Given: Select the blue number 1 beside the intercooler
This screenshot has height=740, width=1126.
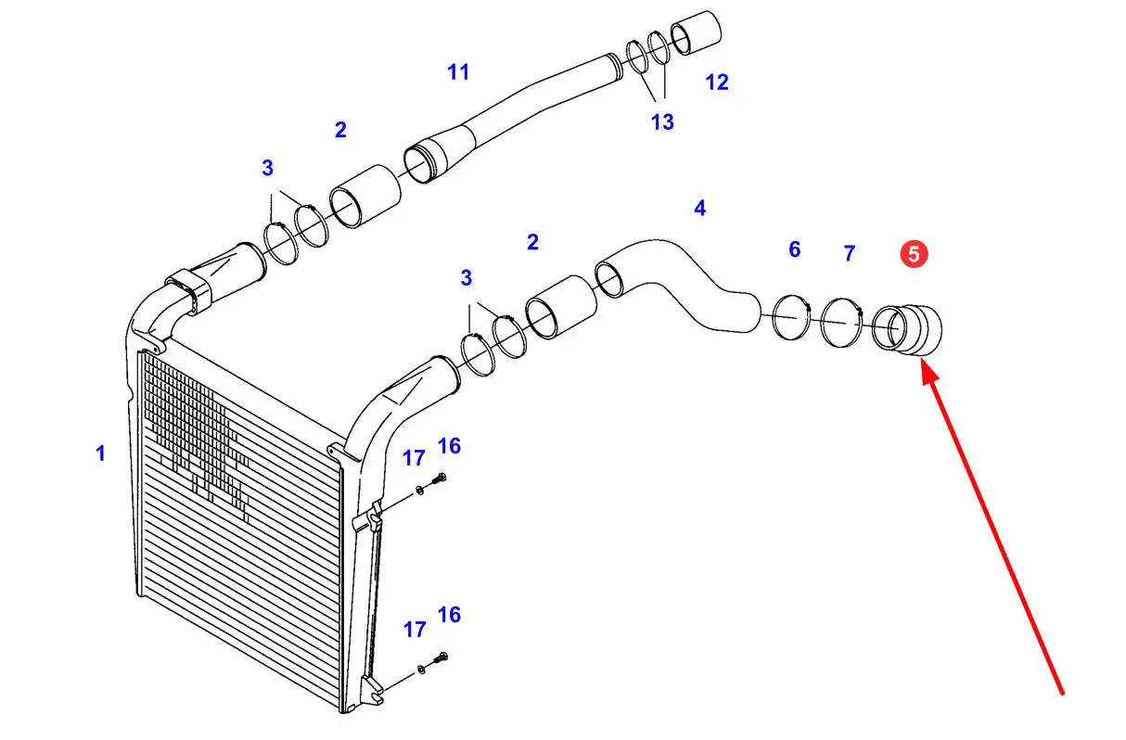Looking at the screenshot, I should (100, 453).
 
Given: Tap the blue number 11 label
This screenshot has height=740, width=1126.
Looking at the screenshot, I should (458, 71).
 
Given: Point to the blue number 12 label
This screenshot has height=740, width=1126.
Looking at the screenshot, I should (716, 82).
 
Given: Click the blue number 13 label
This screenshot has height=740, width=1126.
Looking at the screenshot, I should (662, 121).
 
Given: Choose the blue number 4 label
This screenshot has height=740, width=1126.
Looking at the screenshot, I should (699, 209).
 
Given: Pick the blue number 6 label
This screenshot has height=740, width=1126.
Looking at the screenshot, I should (794, 249).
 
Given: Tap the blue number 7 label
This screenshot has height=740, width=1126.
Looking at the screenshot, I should (850, 252).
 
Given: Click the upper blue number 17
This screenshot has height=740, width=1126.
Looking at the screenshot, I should (414, 457).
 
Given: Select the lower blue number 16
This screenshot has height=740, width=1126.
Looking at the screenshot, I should (449, 614).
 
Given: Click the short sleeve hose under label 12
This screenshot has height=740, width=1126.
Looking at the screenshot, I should (697, 33).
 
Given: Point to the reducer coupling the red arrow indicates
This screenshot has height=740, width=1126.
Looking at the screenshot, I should (908, 329).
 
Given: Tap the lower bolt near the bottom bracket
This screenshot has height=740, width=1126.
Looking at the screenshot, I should (441, 658).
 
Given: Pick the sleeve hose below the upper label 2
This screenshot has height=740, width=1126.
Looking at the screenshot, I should (366, 197).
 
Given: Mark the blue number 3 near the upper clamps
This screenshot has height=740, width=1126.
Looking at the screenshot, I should (267, 168).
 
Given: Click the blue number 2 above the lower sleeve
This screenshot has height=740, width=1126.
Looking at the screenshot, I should (532, 242).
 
